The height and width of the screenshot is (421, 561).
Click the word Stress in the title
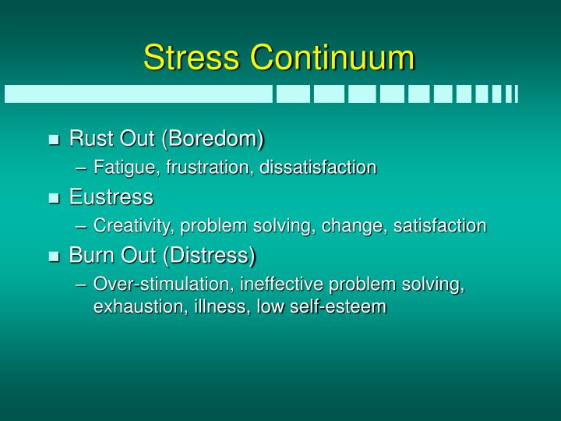click(x=191, y=58)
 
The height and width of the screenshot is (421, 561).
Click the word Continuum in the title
click(x=333, y=58)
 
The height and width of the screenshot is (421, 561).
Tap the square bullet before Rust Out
click(x=54, y=140)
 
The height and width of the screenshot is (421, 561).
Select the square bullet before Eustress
click(x=54, y=198)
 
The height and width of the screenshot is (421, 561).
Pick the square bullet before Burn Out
click(x=54, y=256)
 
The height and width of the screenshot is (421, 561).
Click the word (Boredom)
click(x=213, y=139)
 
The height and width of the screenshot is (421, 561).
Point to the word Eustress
click(x=111, y=196)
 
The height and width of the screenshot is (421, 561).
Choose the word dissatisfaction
click(x=318, y=168)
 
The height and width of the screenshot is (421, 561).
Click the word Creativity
click(x=133, y=226)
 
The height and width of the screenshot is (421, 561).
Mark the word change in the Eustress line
click(x=359, y=226)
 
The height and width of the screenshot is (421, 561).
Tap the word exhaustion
click(x=136, y=306)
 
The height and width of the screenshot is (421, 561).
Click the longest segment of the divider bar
click(x=139, y=94)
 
